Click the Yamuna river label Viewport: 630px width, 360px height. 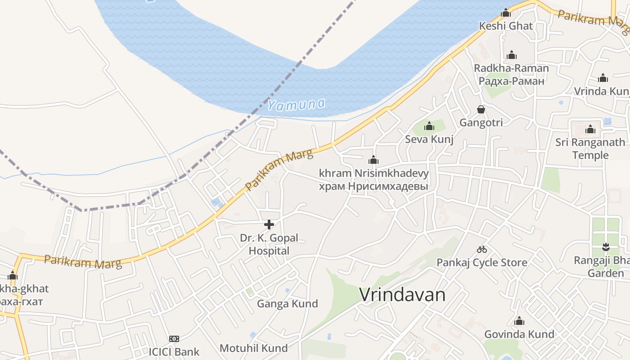pyautogui.click(x=296, y=105)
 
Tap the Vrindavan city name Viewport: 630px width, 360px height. pyautogui.click(x=402, y=295)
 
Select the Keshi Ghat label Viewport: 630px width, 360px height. pyautogui.click(x=506, y=26)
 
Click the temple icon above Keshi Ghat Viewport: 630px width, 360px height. pyautogui.click(x=506, y=13)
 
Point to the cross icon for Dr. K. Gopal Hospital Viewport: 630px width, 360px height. pyautogui.click(x=269, y=224)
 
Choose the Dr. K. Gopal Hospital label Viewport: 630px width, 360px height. pyautogui.click(x=269, y=244)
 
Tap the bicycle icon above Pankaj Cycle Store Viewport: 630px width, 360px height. pyautogui.click(x=482, y=249)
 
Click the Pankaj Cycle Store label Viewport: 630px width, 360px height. pyautogui.click(x=482, y=262)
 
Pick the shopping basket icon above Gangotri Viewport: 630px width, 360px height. pyautogui.click(x=481, y=109)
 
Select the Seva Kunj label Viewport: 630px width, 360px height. pyautogui.click(x=429, y=139)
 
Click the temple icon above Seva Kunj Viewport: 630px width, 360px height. pyautogui.click(x=429, y=126)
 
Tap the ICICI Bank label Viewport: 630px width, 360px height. pyautogui.click(x=174, y=351)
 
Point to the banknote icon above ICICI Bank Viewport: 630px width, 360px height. pyautogui.click(x=174, y=338)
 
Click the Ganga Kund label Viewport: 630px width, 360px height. pyautogui.click(x=287, y=304)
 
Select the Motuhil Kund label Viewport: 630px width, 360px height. pyautogui.click(x=253, y=348)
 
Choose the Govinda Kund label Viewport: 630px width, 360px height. pyautogui.click(x=519, y=334)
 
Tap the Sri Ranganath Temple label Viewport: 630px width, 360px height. pyautogui.click(x=590, y=148)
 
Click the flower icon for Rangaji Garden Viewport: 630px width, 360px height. pyautogui.click(x=606, y=247)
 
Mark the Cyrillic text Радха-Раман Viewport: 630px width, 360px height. pyautogui.click(x=512, y=81)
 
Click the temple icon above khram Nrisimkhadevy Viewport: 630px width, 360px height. pyautogui.click(x=373, y=160)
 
